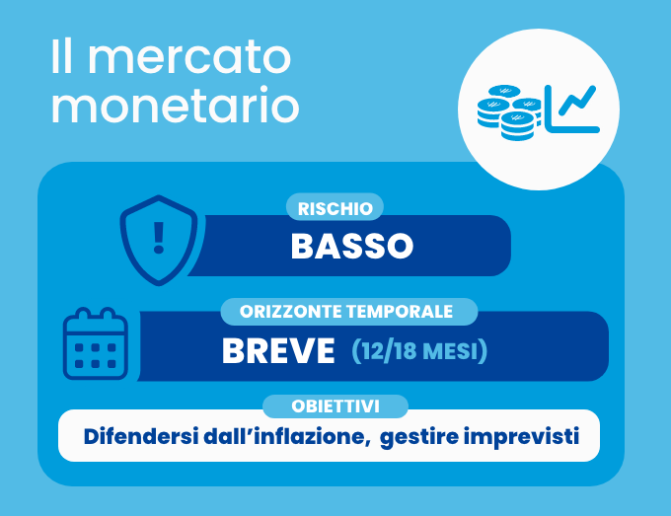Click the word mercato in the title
pyautogui.click(x=189, y=57)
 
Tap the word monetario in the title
pyautogui.click(x=175, y=105)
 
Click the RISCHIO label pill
pyautogui.click(x=335, y=207)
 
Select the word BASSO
pyautogui.click(x=352, y=246)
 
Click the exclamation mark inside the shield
pyautogui.click(x=159, y=238)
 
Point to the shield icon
pyautogui.click(x=159, y=240)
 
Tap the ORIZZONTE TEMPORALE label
pyautogui.click(x=346, y=312)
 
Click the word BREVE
pyautogui.click(x=278, y=351)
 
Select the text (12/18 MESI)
pyautogui.click(x=419, y=351)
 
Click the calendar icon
pyautogui.click(x=96, y=343)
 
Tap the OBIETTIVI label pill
pyautogui.click(x=335, y=406)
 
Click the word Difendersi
pyautogui.click(x=141, y=436)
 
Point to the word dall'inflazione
pyautogui.click(x=286, y=436)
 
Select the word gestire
pyautogui.click(x=419, y=437)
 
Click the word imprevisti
pyautogui.click(x=521, y=437)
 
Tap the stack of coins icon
pyautogui.click(x=509, y=112)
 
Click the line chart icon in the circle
pyautogui.click(x=572, y=109)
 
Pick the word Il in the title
pyautogui.click(x=61, y=57)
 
